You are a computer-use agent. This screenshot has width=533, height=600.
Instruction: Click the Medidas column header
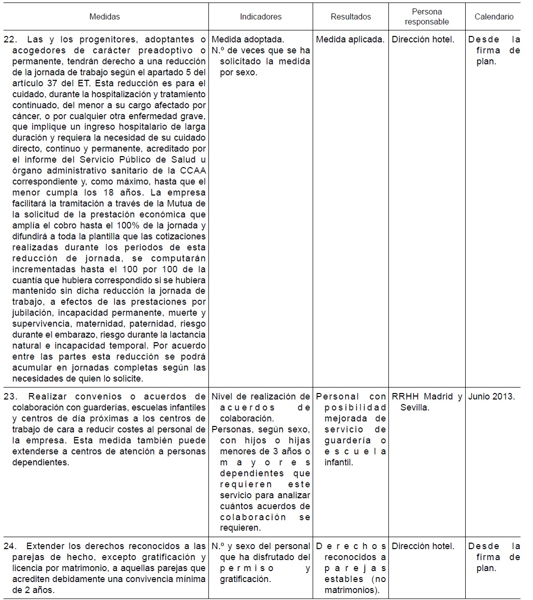click(105, 16)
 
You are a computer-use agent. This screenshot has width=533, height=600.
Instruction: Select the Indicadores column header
click(260, 16)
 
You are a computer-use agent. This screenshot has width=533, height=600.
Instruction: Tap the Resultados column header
click(351, 16)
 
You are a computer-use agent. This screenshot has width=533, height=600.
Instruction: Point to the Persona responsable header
click(427, 16)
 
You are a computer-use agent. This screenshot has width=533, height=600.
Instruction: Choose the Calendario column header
click(494, 16)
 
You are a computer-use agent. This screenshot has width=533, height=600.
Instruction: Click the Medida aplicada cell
click(350, 39)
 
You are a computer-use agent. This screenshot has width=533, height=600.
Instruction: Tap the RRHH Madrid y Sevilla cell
click(427, 402)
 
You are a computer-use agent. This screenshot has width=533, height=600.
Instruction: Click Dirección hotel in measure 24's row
click(423, 546)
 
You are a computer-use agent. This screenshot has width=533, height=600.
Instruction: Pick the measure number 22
click(10, 39)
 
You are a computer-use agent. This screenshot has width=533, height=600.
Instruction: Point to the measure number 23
click(10, 397)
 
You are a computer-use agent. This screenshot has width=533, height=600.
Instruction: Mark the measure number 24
click(10, 546)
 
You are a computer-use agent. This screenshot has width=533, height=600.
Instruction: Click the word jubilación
click(32, 313)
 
